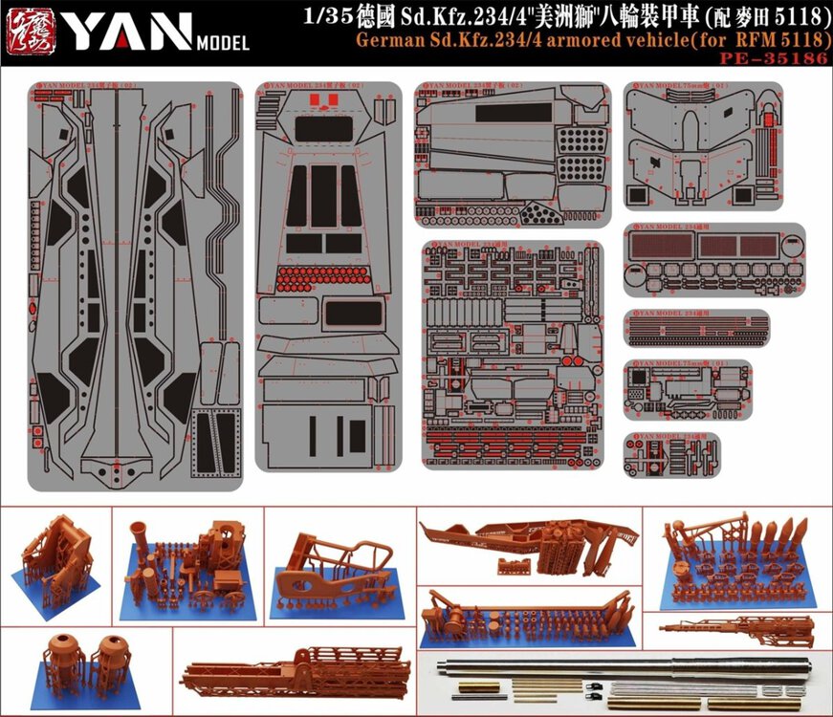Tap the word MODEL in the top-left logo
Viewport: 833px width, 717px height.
click(x=222, y=42)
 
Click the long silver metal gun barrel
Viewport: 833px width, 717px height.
click(x=612, y=665)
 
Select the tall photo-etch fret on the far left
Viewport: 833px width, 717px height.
click(x=134, y=287)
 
